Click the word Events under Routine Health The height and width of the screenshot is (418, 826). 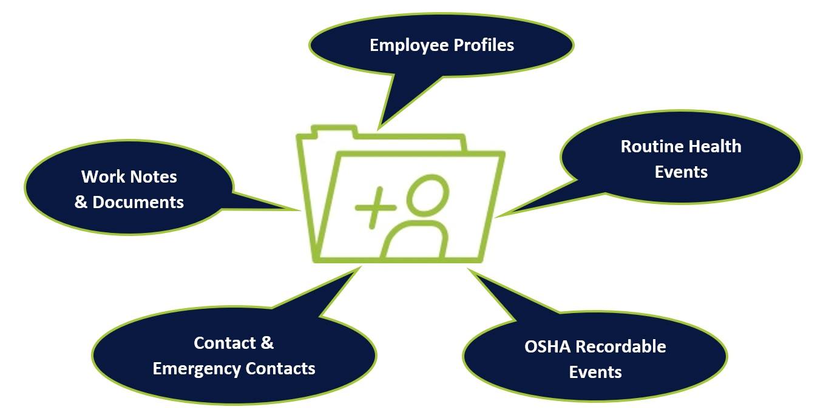point(680,172)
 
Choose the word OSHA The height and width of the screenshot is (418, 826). point(547,346)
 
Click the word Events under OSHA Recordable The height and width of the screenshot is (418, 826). point(595,372)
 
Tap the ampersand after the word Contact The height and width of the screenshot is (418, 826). point(267,343)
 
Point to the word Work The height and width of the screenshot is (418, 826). point(101,177)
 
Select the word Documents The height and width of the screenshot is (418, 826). point(138,202)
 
